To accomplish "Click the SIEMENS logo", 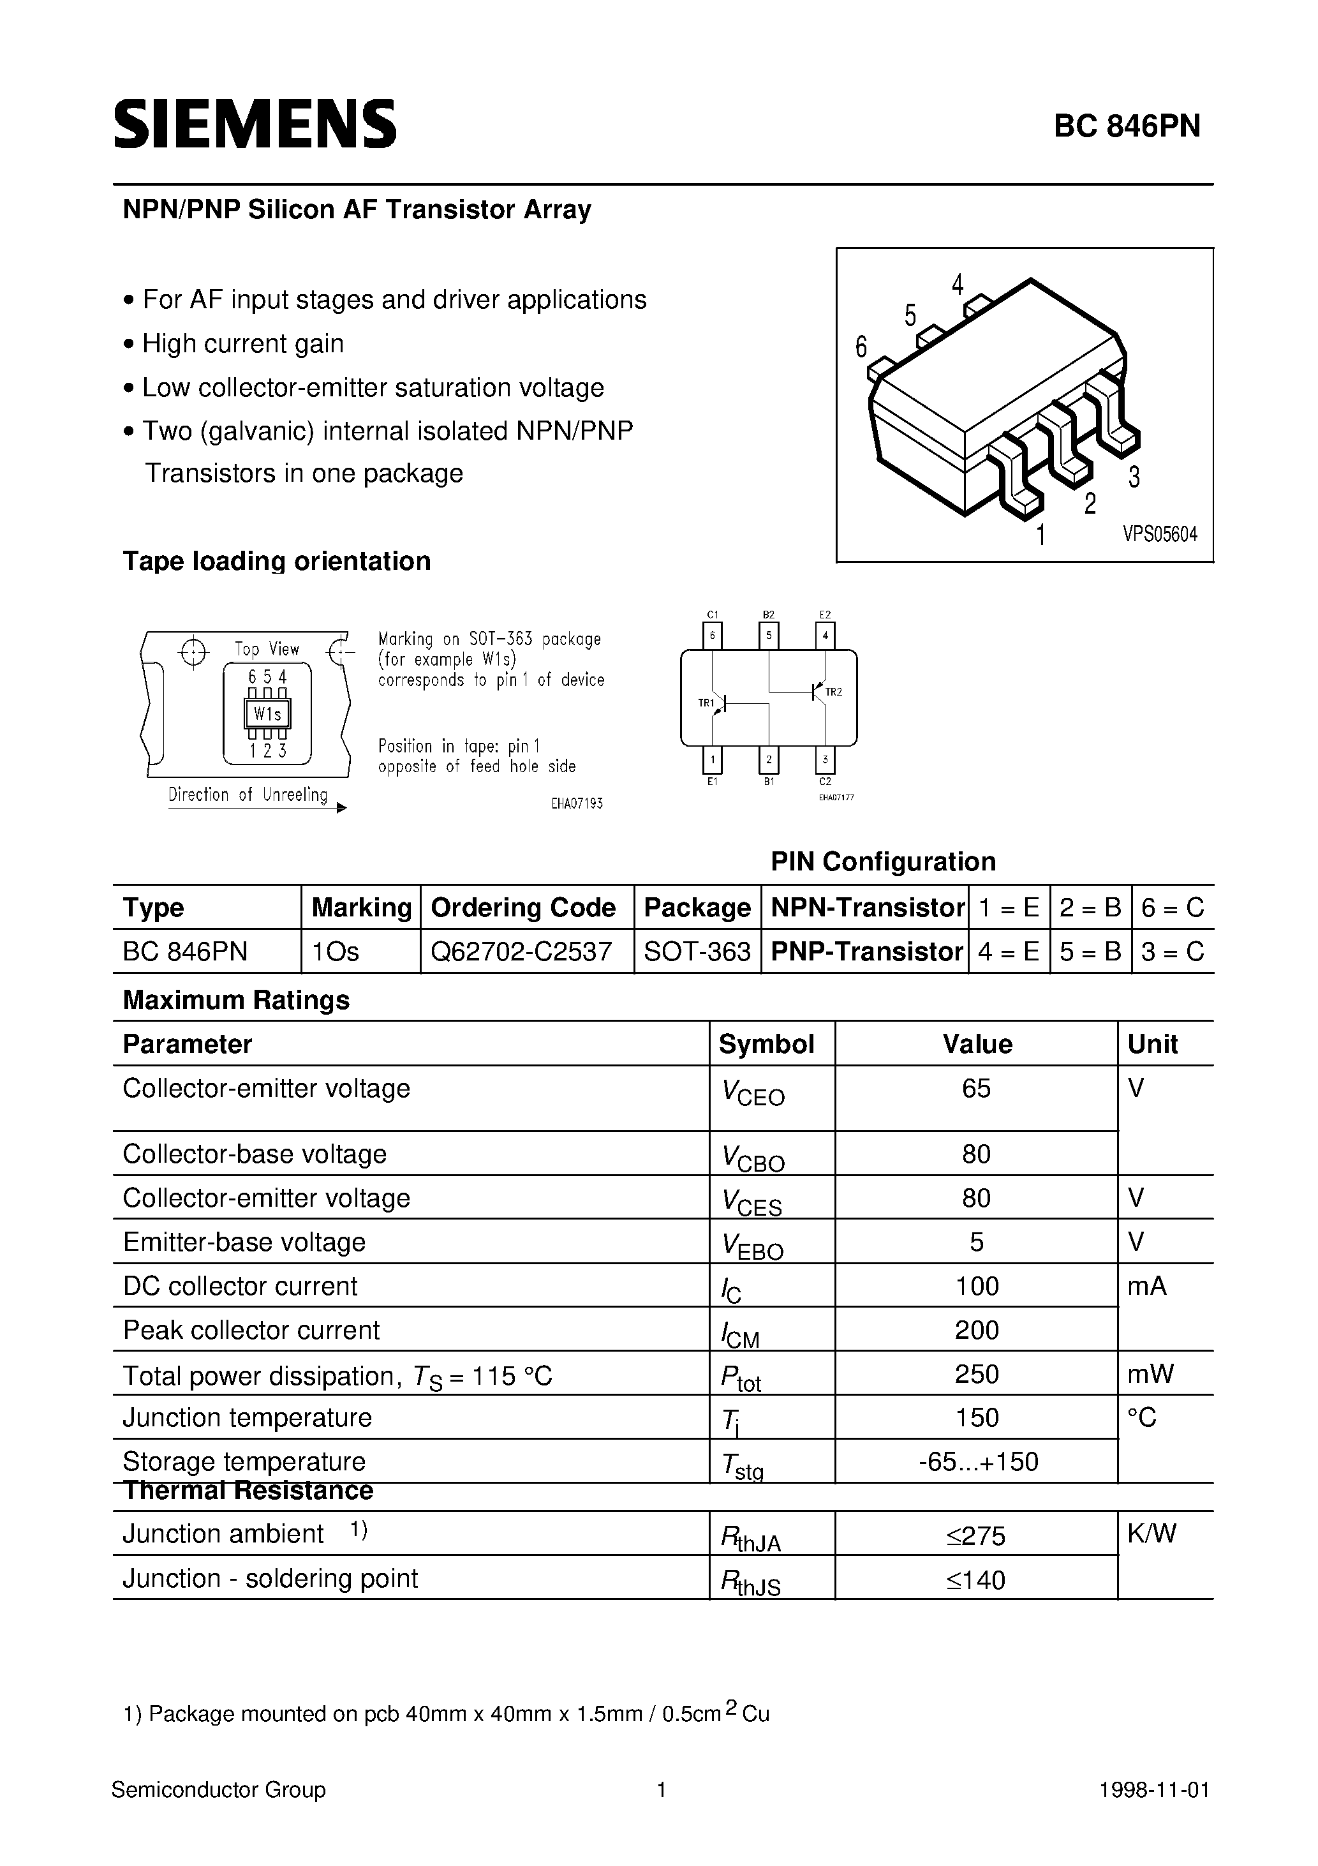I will [x=255, y=124].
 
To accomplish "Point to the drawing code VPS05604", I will [x=1160, y=535].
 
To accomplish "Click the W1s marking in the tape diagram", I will [x=267, y=714].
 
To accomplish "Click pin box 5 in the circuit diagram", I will [x=768, y=636].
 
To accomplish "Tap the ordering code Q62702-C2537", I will [x=521, y=951].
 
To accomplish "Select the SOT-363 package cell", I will [x=697, y=951].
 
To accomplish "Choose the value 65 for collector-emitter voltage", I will [x=976, y=1088].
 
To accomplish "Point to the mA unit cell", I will [x=1146, y=1286].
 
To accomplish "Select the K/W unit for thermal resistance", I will [x=1151, y=1534].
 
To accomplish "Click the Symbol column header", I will [x=766, y=1044].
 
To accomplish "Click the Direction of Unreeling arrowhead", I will [x=341, y=809].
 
